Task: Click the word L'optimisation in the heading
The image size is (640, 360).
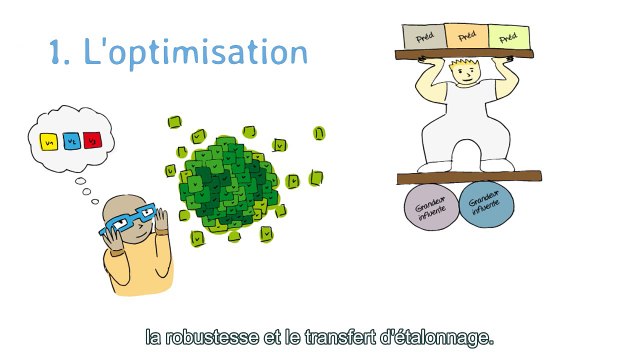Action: click(195, 52)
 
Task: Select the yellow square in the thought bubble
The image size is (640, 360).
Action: click(48, 141)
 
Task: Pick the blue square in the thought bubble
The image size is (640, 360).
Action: click(70, 142)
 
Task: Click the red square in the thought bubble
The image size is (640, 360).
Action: click(91, 140)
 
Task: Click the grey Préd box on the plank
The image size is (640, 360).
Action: click(415, 36)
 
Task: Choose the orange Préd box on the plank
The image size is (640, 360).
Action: click(464, 37)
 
